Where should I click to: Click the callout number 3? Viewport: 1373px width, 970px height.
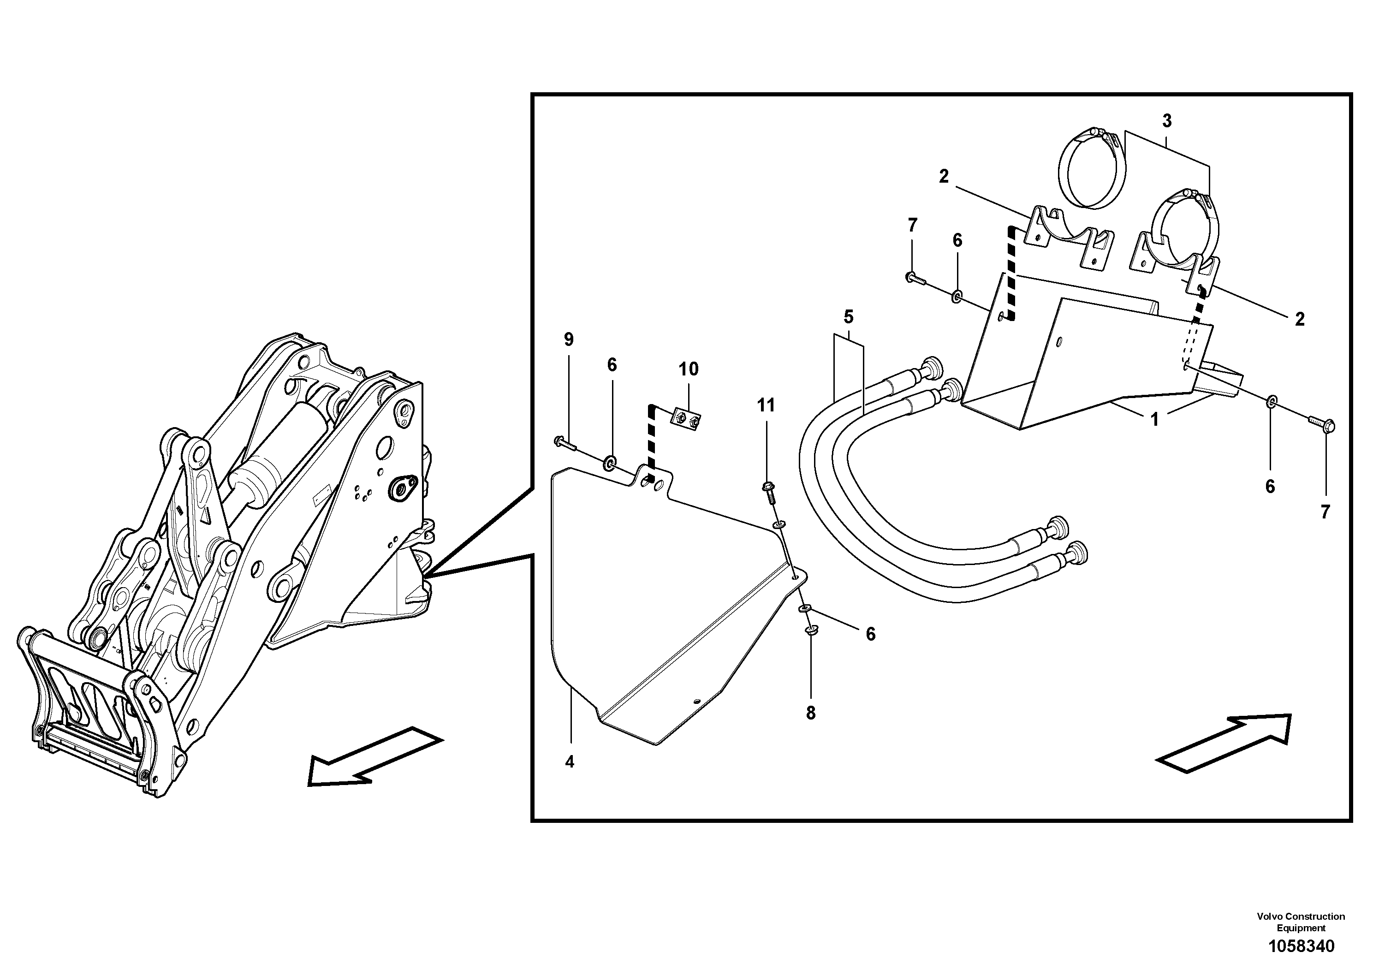point(1167,121)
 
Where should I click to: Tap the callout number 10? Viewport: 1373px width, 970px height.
point(688,369)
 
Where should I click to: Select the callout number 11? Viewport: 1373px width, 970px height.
point(766,405)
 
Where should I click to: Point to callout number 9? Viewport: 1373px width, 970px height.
point(568,339)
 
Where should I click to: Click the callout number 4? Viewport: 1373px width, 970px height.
point(569,762)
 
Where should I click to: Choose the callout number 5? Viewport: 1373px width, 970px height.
point(849,316)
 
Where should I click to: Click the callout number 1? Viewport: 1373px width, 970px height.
point(1155,420)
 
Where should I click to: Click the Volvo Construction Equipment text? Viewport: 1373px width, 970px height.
point(1301,922)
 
